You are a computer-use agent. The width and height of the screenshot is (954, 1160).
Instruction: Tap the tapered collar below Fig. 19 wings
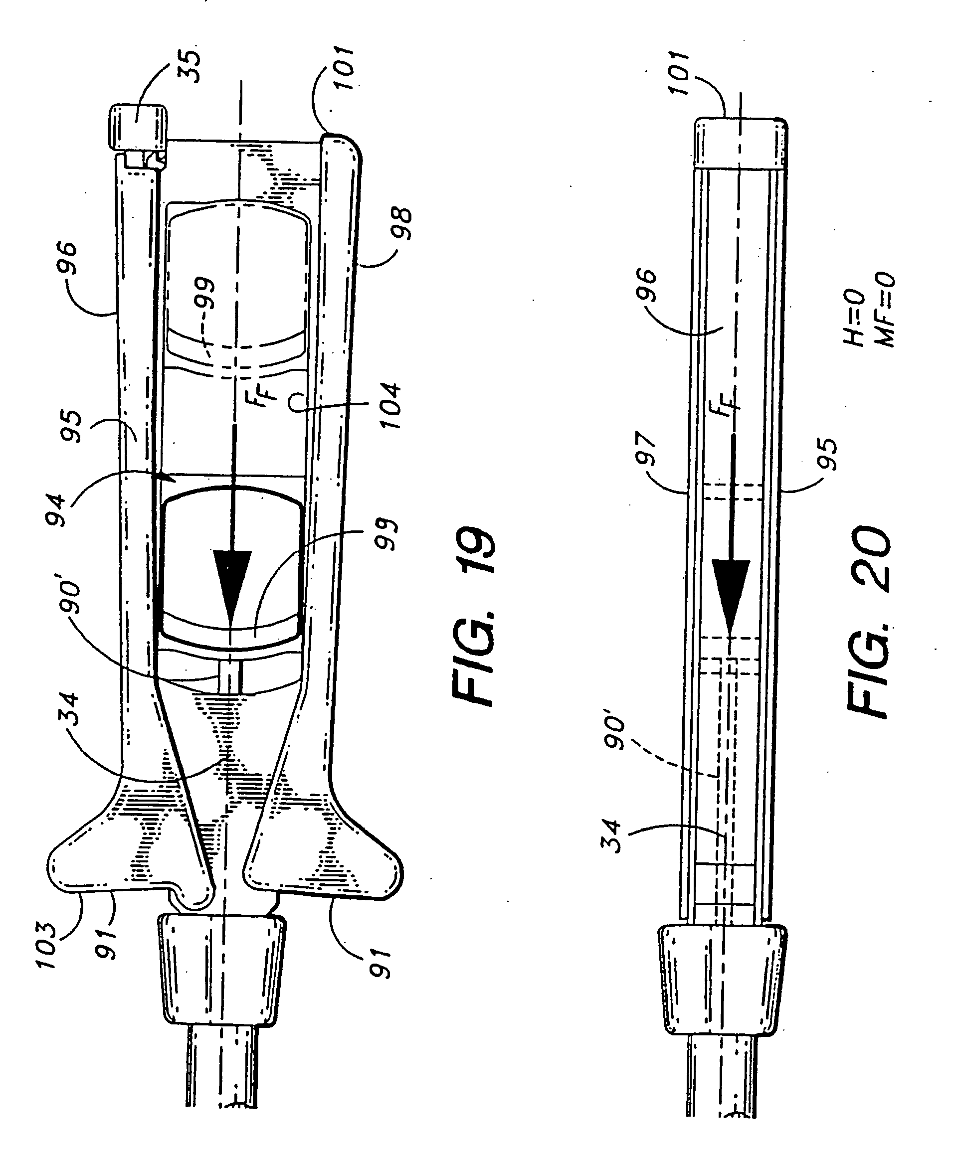click(221, 970)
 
